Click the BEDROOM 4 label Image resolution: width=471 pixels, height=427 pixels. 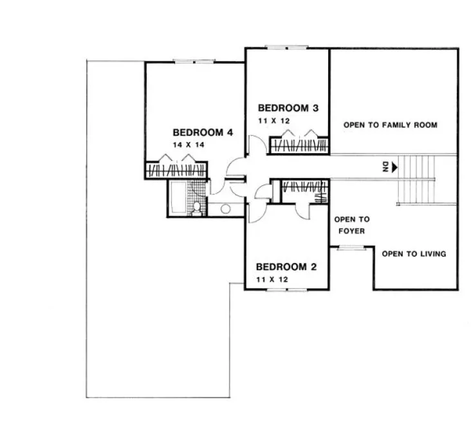point(202,133)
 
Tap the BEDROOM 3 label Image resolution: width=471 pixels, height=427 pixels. point(288,107)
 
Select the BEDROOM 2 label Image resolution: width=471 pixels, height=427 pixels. point(286,267)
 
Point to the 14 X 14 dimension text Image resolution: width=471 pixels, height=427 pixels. point(187,145)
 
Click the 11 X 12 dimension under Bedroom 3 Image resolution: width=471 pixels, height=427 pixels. point(275,120)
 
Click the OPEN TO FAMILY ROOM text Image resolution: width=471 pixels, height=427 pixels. point(390,125)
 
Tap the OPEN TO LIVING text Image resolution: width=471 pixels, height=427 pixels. point(414,254)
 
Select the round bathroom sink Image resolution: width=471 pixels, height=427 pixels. point(225,208)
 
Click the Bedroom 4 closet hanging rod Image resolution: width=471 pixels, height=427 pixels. point(177,171)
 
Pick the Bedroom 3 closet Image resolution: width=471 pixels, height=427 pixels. point(299,145)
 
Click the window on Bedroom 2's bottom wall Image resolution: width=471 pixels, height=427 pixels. point(285,291)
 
